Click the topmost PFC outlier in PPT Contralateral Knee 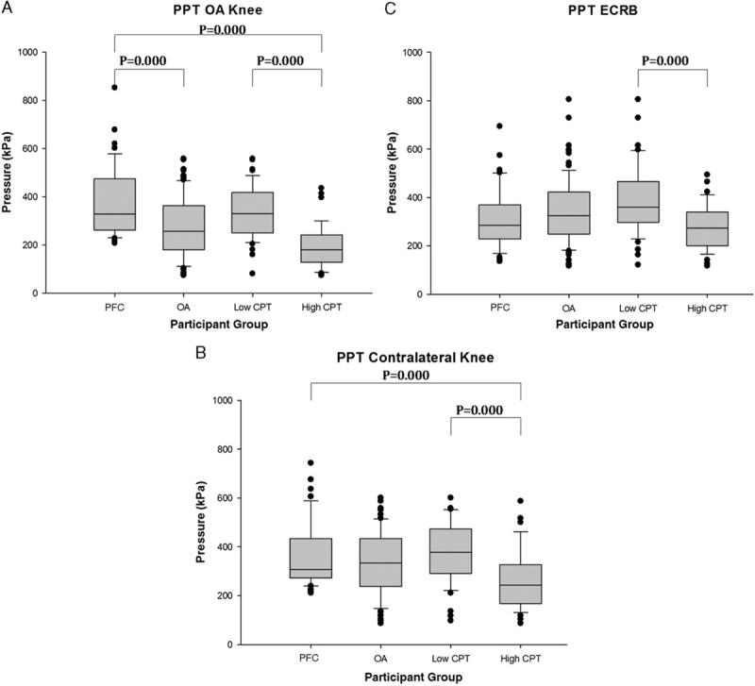pyautogui.click(x=310, y=463)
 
